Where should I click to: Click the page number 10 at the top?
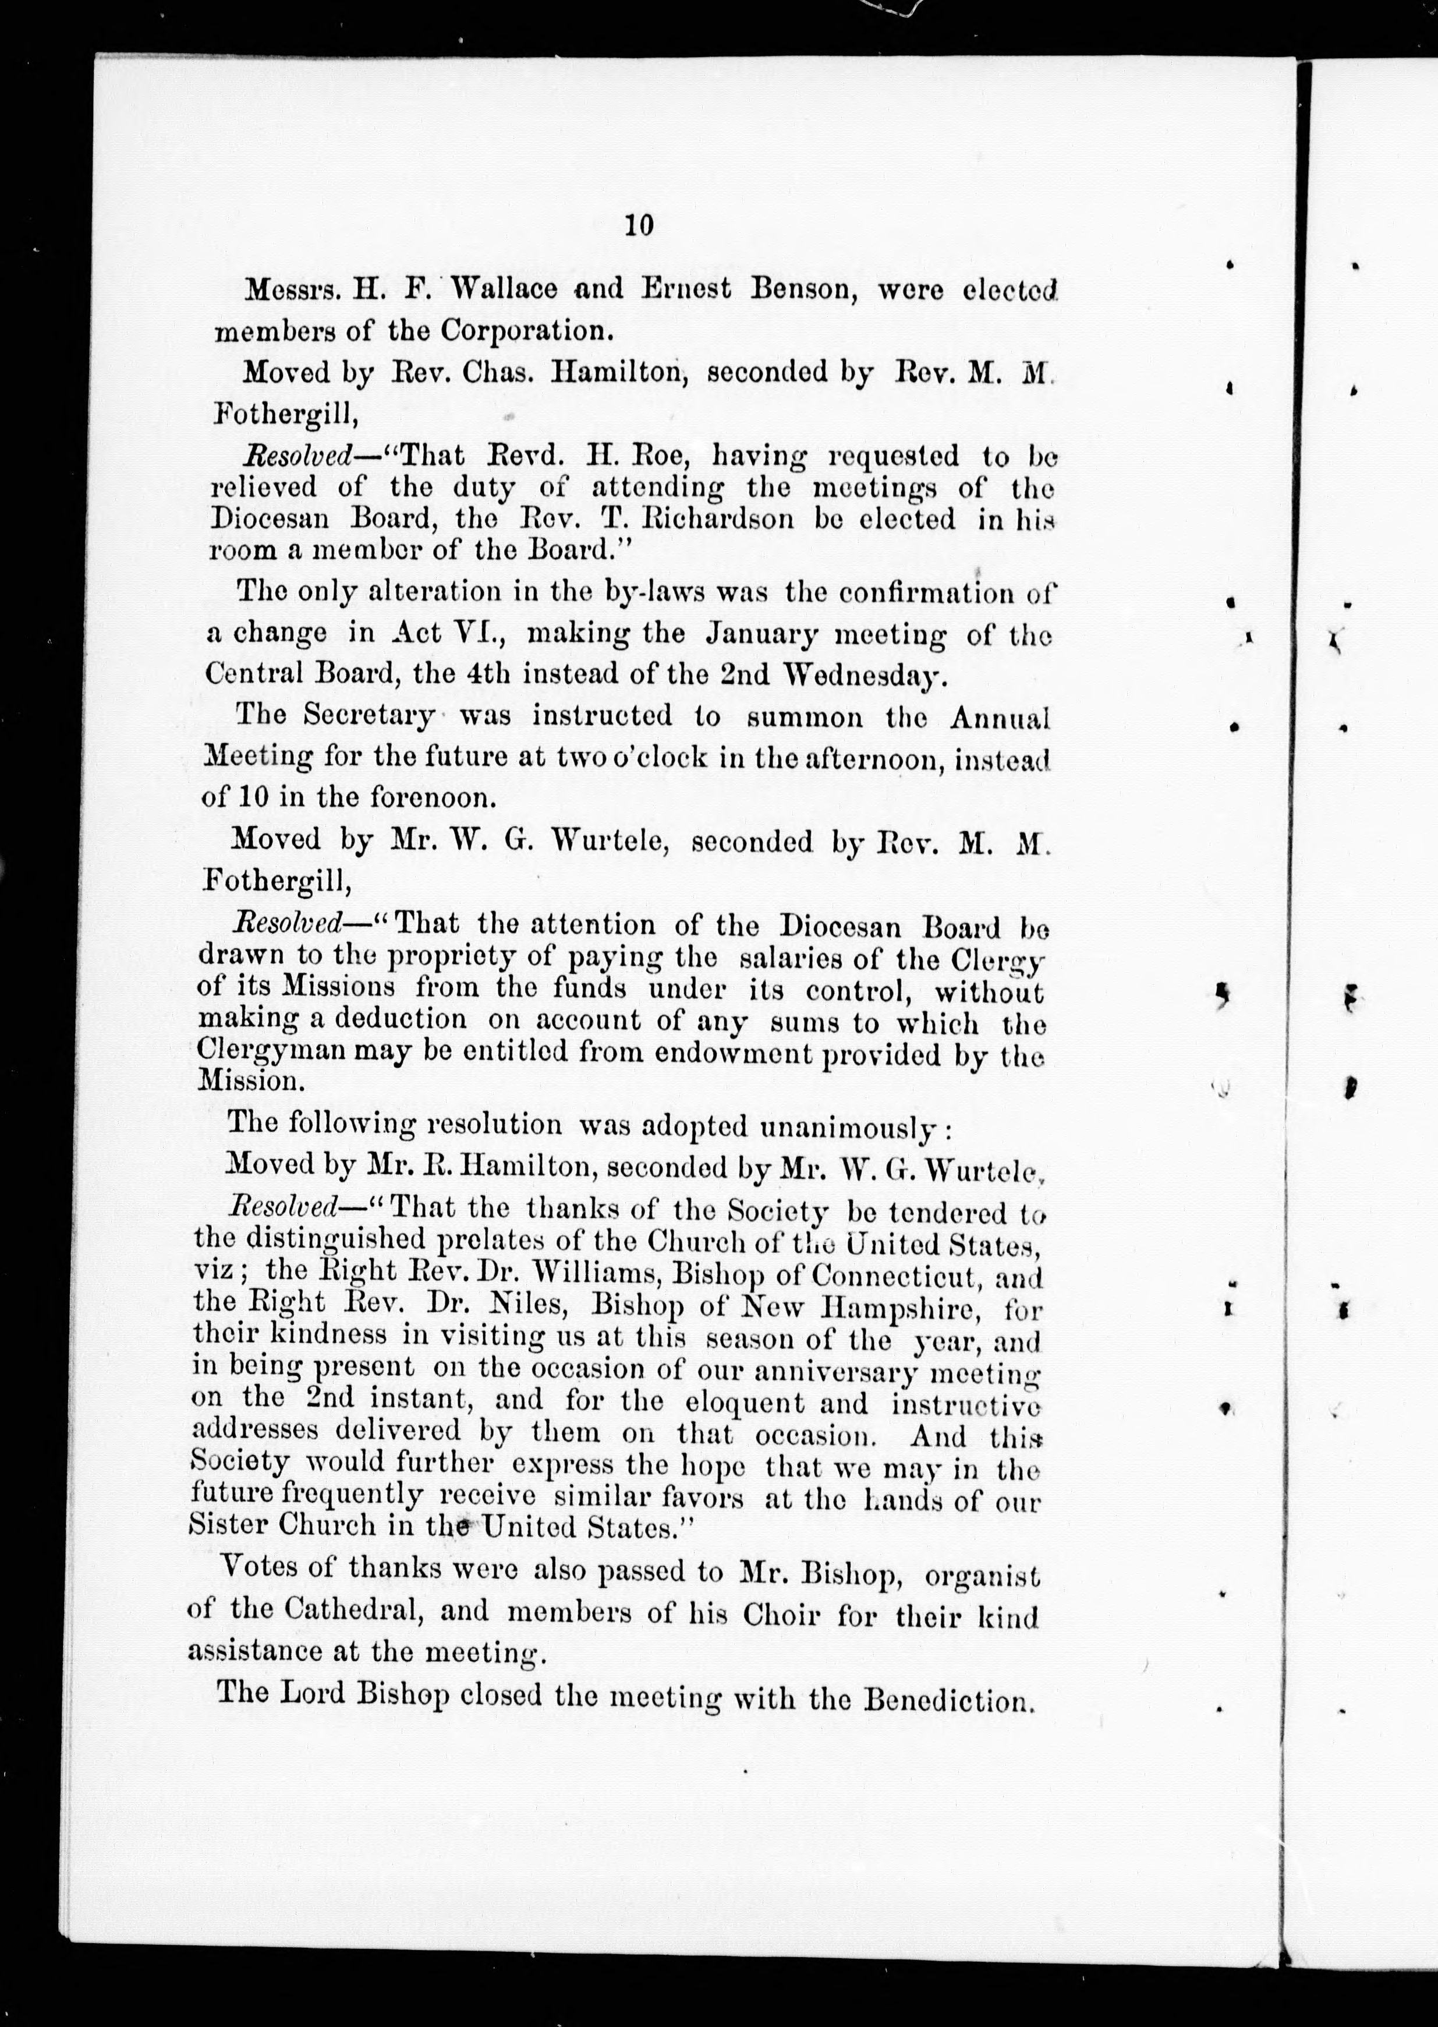tap(639, 226)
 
